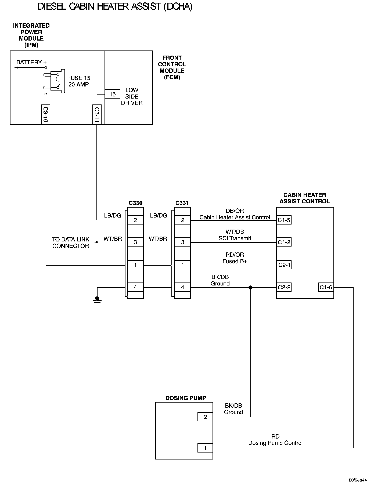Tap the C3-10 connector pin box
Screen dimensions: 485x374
46,114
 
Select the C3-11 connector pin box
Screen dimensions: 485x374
97,114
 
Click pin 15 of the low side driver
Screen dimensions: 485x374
112,94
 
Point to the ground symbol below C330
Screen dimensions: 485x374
97,300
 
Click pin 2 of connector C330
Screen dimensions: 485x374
135,220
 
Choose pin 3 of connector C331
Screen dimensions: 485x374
182,242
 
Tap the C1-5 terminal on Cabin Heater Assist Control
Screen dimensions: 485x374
284,220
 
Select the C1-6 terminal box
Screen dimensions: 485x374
326,287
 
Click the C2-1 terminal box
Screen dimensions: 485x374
284,265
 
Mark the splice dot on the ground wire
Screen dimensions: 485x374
250,288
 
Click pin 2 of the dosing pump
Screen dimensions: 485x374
205,417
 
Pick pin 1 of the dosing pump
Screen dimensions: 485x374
205,448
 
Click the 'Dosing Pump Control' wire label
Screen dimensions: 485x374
275,443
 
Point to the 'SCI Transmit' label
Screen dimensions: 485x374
235,238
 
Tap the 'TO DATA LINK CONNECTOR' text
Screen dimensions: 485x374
70,243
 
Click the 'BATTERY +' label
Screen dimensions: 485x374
31,62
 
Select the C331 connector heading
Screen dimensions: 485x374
182,203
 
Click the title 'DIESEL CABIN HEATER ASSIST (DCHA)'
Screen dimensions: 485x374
115,7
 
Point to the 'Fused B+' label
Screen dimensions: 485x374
235,261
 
